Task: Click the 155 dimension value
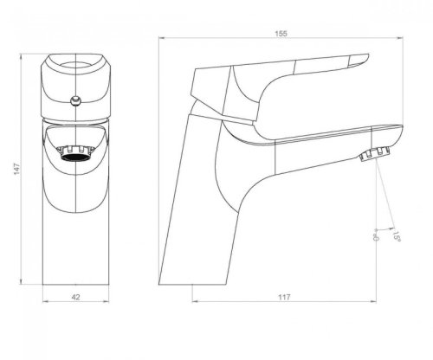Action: pos(281,34)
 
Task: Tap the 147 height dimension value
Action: pos(17,169)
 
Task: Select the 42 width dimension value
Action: pos(75,297)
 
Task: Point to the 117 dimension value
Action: pos(284,297)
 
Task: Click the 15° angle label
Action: pos(396,234)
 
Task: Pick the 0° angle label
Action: pos(376,235)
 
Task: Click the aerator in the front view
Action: pos(75,152)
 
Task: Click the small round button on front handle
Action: pos(75,101)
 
